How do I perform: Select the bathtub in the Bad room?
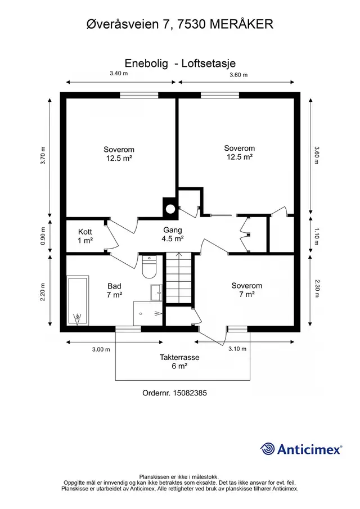point(77,300)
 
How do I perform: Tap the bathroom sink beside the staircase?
point(156,293)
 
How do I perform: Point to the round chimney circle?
point(170,209)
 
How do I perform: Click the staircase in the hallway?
point(178,278)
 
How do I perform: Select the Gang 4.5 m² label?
point(173,235)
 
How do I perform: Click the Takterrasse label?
point(179,357)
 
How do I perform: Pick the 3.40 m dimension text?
point(119,73)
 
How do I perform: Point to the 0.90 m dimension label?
point(43,236)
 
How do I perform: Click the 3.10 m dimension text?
point(237,349)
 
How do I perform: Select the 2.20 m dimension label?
point(43,292)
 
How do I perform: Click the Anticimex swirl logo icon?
point(268,449)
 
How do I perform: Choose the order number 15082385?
point(190,393)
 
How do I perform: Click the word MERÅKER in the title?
point(241,24)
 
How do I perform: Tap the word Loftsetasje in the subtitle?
point(208,64)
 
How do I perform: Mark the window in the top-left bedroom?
point(139,95)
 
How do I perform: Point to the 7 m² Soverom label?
point(247,290)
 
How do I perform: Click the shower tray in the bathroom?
point(148,313)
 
